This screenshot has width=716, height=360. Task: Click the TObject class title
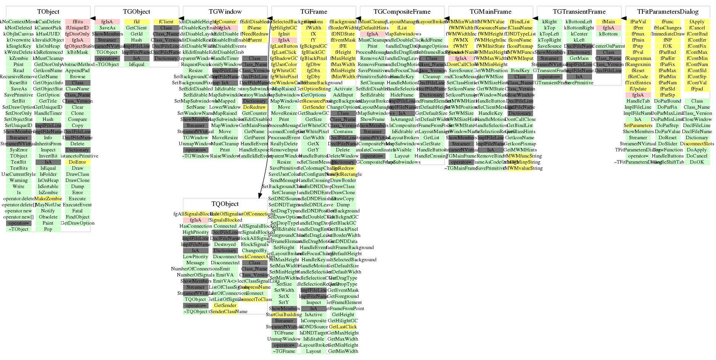[48, 12]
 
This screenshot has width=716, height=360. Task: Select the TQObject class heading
[225, 204]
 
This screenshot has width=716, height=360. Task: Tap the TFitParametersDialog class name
[668, 12]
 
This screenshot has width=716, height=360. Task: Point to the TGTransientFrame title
[579, 12]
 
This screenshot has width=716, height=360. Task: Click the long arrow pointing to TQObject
[264, 114]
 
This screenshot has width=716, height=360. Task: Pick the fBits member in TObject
[77, 22]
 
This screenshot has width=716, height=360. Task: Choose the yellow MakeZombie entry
[48, 199]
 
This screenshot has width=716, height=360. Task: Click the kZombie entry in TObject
[19, 58]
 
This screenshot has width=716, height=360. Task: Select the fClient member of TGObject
[166, 22]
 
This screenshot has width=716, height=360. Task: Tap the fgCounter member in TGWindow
[225, 22]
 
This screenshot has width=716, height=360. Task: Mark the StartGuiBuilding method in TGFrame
[282, 315]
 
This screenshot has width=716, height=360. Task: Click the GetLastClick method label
[343, 327]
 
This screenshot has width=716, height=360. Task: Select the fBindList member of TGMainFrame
[520, 22]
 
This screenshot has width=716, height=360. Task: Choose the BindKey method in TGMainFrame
[520, 71]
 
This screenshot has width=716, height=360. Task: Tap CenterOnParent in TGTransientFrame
[608, 46]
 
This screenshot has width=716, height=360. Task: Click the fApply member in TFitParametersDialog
[697, 22]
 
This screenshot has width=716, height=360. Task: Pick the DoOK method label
[697, 162]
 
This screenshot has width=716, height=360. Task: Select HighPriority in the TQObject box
[196, 232]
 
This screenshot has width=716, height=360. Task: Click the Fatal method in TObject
[77, 211]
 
